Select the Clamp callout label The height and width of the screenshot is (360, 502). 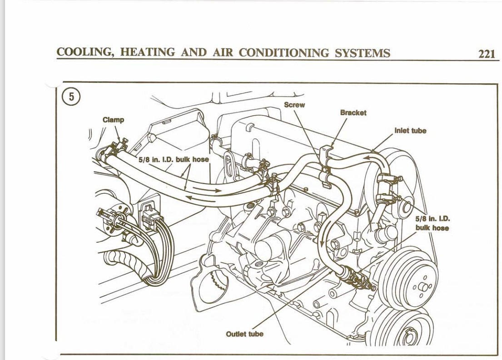pyautogui.click(x=113, y=120)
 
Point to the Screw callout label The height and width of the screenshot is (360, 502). pyautogui.click(x=294, y=105)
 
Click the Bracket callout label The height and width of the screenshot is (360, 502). pyautogui.click(x=353, y=113)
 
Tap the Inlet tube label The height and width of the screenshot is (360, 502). pyautogui.click(x=410, y=131)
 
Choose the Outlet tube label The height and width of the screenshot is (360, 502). pyautogui.click(x=244, y=334)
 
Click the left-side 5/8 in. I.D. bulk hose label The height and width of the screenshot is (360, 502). pyautogui.click(x=174, y=160)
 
